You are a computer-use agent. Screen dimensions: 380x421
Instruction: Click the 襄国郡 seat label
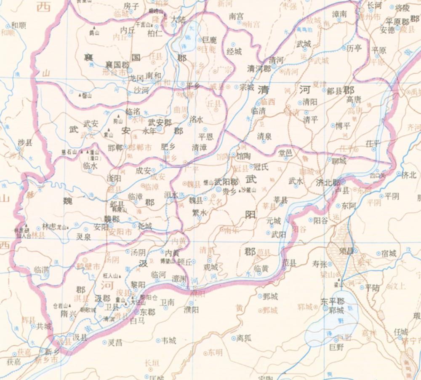click(x=117, y=65)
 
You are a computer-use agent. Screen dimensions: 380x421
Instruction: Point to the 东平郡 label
click(x=332, y=302)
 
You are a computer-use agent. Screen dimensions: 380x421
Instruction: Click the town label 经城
click(x=234, y=51)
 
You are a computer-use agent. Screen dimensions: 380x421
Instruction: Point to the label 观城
click(x=210, y=267)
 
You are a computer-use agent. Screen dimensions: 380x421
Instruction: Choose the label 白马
click(x=137, y=321)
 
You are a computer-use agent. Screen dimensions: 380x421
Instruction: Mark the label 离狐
click(x=244, y=337)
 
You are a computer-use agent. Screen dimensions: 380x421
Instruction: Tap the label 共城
click(x=44, y=326)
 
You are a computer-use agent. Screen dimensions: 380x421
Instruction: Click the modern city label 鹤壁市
click(x=91, y=267)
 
